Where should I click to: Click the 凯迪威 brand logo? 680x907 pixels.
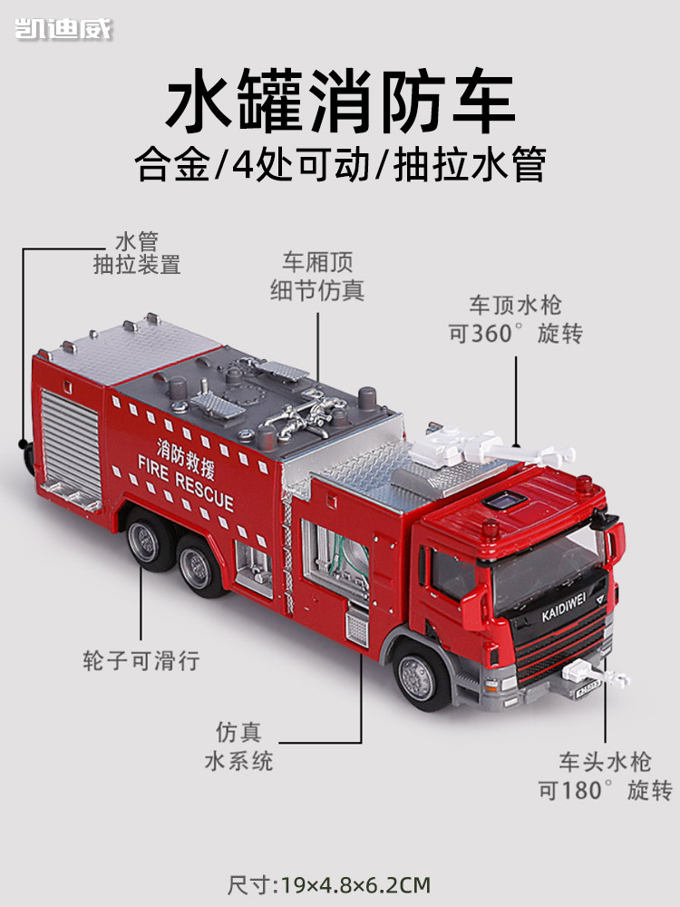[x=63, y=29]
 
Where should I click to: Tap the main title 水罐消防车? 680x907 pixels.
[x=340, y=104]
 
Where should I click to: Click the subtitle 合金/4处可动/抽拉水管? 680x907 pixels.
[x=340, y=166]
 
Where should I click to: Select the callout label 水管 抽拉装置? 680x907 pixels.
[x=137, y=253]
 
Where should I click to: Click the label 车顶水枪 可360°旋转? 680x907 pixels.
[x=515, y=318]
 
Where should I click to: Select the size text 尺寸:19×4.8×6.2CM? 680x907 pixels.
[x=340, y=883]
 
